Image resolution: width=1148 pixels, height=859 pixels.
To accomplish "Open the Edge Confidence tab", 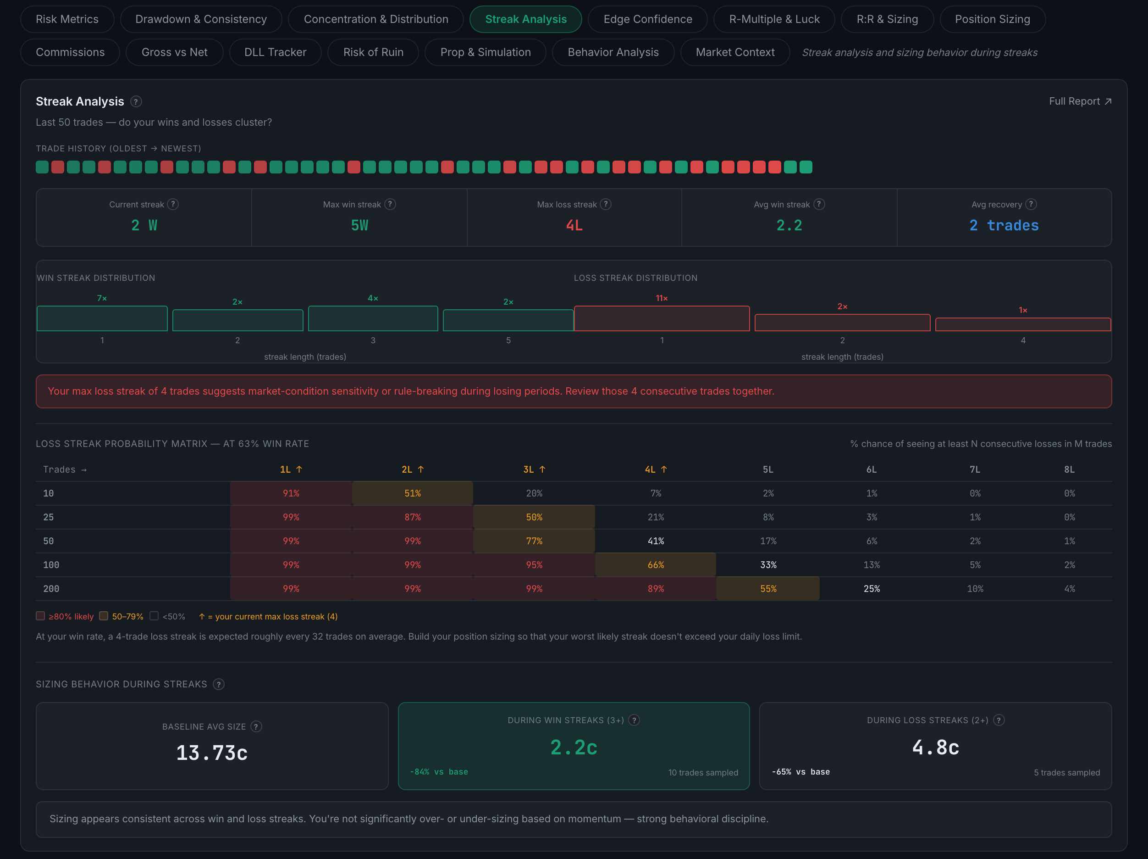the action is pos(647,19).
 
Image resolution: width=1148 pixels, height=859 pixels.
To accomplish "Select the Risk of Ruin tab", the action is pos(373,52).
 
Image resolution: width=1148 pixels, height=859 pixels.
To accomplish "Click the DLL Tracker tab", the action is pos(275,52).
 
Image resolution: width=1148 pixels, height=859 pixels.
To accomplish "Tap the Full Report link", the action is pos(1080,101).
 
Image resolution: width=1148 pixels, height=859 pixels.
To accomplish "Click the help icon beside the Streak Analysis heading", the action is pos(136,102).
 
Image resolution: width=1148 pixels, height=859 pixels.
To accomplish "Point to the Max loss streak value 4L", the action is pos(574,225).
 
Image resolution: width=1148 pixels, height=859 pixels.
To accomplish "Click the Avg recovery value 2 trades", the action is pos(1004,225).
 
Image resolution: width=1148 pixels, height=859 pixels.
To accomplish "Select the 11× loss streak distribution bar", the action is pos(662,318).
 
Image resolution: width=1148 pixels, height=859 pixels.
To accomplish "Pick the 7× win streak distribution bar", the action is pos(102,318).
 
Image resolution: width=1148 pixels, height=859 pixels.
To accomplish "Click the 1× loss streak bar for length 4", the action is pos(1023,324).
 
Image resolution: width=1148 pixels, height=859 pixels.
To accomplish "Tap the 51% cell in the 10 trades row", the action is pos(413,493).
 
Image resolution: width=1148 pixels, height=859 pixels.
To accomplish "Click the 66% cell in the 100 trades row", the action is pos(656,565).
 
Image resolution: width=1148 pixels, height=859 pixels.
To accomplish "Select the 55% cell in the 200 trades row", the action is pos(768,589).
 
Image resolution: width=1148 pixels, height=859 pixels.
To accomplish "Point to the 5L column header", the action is pos(768,469).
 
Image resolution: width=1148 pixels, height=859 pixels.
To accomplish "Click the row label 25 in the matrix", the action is pos(48,517).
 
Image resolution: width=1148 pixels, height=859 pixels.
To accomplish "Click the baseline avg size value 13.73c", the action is pos(212,753).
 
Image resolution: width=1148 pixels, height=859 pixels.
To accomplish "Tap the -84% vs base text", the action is pos(439,772).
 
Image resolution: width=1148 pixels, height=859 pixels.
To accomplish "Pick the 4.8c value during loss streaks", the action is pos(935,747).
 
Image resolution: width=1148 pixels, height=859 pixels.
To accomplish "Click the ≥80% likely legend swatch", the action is pos(40,616).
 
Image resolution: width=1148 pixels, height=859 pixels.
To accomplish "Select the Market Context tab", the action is pos(735,52).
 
